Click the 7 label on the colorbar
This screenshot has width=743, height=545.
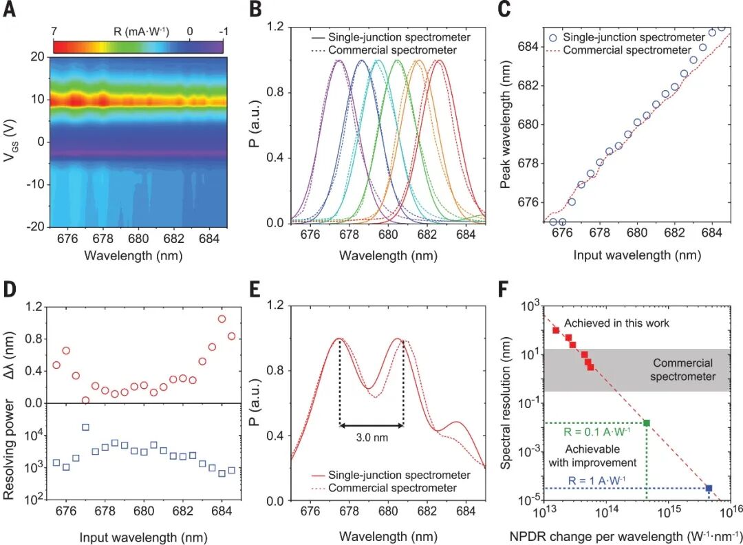(56, 31)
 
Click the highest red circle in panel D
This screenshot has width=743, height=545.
(222, 319)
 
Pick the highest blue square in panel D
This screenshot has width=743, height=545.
(85, 427)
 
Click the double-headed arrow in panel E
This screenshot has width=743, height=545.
(371, 426)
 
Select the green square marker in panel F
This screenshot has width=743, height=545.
(647, 423)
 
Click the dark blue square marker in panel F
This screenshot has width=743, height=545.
(709, 489)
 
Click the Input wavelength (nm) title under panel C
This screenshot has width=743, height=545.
(636, 255)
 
